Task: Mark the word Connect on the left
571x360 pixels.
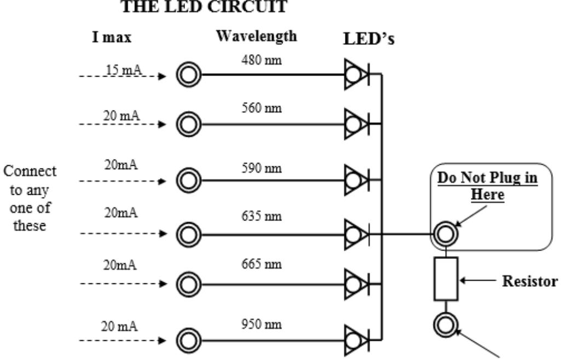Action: [30, 171]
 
